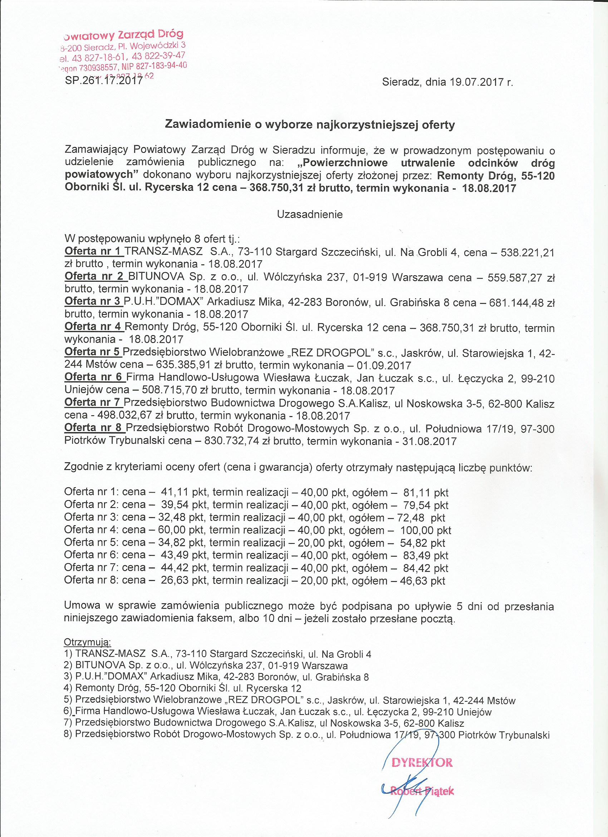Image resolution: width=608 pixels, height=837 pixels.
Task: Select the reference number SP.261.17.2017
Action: click(104, 80)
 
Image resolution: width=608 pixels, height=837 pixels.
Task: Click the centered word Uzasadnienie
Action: click(310, 214)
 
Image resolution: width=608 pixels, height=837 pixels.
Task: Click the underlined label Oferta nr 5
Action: click(93, 353)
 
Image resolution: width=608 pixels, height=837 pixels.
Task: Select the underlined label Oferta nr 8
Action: click(94, 428)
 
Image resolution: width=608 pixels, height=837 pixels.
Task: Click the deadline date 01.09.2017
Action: click(384, 366)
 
